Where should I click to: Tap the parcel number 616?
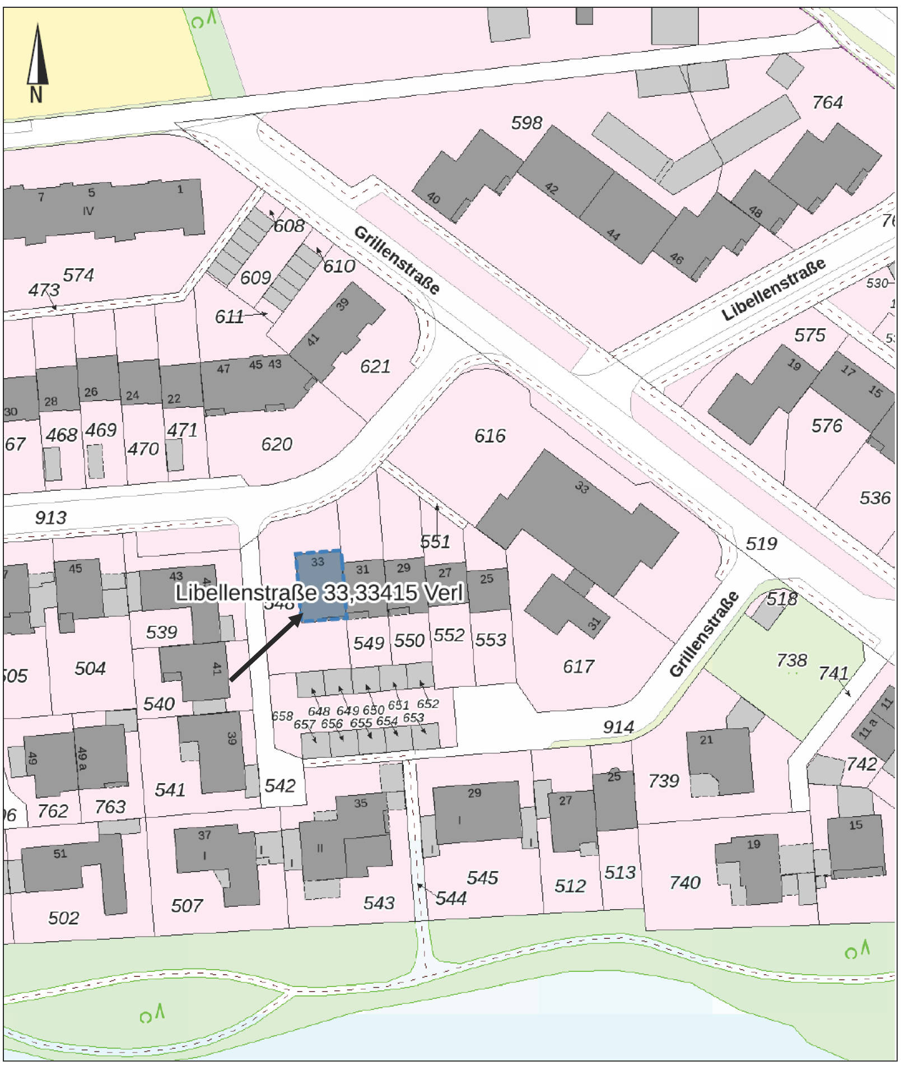tap(490, 436)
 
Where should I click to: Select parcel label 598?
tap(526, 123)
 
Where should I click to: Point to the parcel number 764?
tap(827, 103)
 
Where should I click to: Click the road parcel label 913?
tap(50, 518)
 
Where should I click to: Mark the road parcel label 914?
tap(618, 727)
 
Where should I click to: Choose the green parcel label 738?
tap(791, 660)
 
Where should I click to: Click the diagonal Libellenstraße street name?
tap(773, 290)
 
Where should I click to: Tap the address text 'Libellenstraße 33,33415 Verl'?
tap(319, 593)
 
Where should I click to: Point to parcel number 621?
tap(375, 366)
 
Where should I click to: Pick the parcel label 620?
tap(277, 444)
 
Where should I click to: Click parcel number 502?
tap(63, 918)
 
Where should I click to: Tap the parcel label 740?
tap(684, 883)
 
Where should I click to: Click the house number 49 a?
tap(82, 758)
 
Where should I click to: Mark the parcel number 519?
tap(761, 543)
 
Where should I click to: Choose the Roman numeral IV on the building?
tap(88, 211)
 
